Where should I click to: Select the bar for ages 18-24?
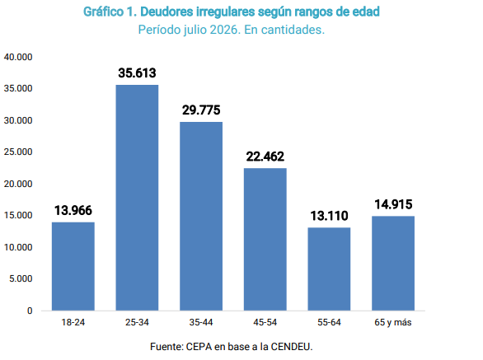tap(73, 266)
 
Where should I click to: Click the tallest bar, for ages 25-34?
tap(137, 198)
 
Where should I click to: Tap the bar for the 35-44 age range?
tap(201, 216)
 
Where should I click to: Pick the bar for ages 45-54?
tap(265, 239)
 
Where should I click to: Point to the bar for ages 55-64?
tap(329, 269)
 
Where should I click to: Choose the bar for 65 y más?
tap(393, 263)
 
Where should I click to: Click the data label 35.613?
tap(137, 73)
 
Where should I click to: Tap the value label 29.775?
tap(201, 110)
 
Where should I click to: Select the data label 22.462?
tap(265, 157)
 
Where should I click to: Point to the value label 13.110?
tap(329, 216)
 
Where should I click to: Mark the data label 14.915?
tap(393, 204)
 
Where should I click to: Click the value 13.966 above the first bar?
tap(73, 211)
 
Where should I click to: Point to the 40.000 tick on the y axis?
tap(18, 57)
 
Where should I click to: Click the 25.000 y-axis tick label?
tap(18, 152)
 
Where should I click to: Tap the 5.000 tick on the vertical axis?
tap(21, 278)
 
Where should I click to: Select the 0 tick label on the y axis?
tap(30, 311)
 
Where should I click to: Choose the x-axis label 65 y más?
tap(393, 322)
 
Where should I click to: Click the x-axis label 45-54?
tap(265, 322)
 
